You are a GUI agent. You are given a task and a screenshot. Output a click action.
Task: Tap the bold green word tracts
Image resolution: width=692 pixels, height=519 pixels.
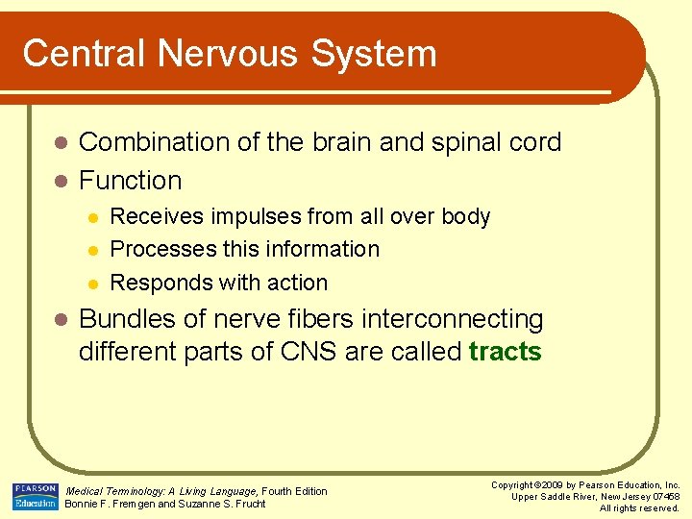[x=505, y=352]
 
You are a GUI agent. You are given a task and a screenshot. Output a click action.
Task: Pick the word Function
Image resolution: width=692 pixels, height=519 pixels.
[x=130, y=181]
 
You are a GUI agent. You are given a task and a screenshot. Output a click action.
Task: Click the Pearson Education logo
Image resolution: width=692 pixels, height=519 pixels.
[x=35, y=495]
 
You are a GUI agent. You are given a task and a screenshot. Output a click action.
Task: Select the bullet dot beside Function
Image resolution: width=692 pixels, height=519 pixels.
[x=60, y=182]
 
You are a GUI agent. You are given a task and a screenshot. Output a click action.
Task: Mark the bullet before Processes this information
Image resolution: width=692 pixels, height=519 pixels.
[x=91, y=250]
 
